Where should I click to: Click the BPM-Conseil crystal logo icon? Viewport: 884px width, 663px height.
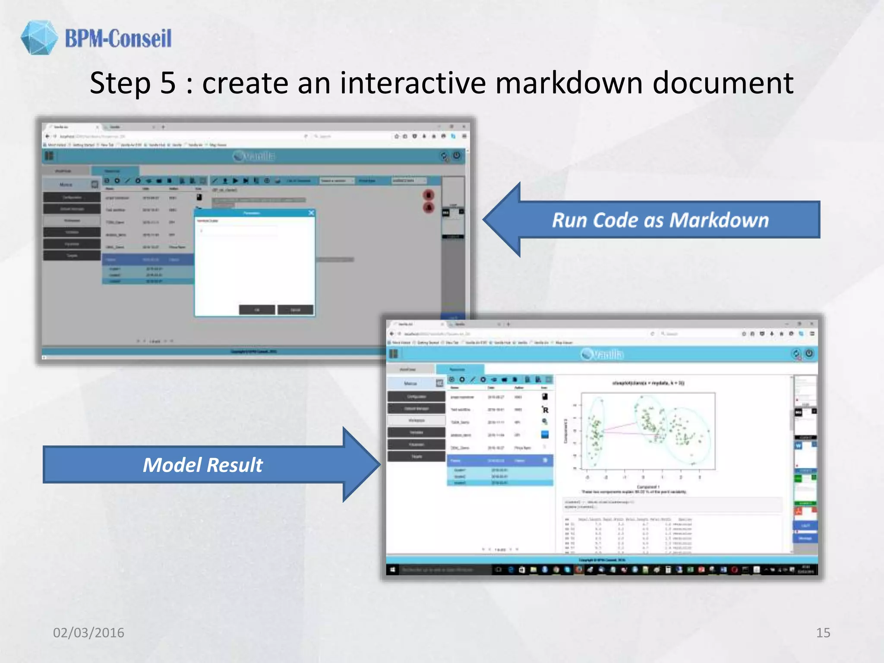click(x=39, y=38)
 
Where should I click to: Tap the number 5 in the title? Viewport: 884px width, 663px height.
click(x=168, y=83)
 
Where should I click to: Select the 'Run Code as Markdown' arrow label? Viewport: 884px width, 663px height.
click(x=660, y=220)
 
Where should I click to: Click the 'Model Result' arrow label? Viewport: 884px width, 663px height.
click(x=203, y=465)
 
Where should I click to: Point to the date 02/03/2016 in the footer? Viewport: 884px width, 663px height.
click(x=88, y=632)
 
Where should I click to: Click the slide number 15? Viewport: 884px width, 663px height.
click(x=823, y=632)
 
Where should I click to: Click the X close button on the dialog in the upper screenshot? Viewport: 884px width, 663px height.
click(x=311, y=213)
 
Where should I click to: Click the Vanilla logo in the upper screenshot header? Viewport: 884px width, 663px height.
click(x=254, y=156)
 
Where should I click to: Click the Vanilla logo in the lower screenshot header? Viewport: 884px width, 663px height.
click(x=602, y=354)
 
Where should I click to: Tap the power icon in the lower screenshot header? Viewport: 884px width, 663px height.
click(x=809, y=354)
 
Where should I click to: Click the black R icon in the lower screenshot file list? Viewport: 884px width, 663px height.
click(x=545, y=410)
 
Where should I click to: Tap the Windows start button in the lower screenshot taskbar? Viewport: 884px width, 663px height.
click(x=392, y=570)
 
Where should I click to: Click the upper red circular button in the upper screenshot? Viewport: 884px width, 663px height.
click(x=428, y=195)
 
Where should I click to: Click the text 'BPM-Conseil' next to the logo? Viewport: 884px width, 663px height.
click(x=118, y=38)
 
